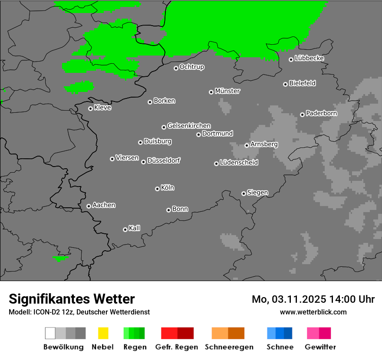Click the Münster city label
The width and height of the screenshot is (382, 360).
pos(227,91)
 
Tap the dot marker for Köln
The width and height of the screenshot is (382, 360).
pos(157,189)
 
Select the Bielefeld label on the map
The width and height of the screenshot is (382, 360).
pos(303,83)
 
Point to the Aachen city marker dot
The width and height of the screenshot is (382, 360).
pos(89,206)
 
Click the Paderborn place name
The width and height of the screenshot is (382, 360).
pos(322,114)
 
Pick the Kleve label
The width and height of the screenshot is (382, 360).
pos(103,108)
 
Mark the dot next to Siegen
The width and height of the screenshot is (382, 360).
pos(244,193)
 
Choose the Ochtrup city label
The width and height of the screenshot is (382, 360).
pos(192,67)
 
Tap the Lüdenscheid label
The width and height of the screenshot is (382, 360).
pos(239,163)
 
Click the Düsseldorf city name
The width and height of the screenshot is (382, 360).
pos(164,160)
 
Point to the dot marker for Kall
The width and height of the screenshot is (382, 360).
pos(125,229)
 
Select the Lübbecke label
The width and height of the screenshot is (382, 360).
pos(310,58)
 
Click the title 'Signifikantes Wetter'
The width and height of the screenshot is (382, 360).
pos(72,299)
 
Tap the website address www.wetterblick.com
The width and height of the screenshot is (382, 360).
pos(313,312)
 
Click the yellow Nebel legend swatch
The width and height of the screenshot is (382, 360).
pos(103,333)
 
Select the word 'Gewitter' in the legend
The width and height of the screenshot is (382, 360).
pos(320,347)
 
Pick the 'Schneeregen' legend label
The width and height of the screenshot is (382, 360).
pos(228,347)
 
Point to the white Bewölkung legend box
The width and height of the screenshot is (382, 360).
pos(50,333)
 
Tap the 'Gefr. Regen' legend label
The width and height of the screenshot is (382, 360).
pos(177,347)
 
